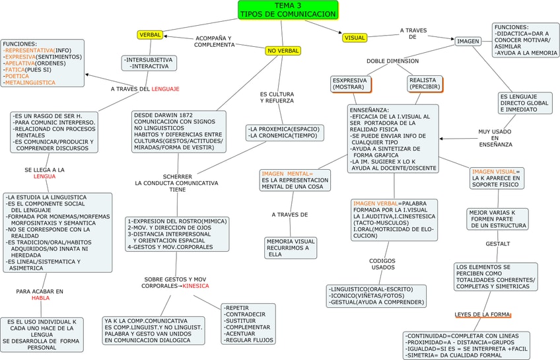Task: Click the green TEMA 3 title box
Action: [288, 10]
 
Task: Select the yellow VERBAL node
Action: [150, 34]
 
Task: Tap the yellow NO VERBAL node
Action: [283, 51]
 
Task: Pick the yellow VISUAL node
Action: [355, 38]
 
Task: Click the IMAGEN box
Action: [468, 42]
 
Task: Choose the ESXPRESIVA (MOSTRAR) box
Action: [350, 83]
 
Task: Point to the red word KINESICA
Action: [195, 286]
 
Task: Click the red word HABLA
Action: [41, 298]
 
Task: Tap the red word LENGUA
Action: [45, 176]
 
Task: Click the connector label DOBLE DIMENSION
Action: [393, 61]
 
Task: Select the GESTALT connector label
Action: [498, 244]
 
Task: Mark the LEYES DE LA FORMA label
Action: [482, 314]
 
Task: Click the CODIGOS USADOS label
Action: [382, 264]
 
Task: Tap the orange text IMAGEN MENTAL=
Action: [287, 173]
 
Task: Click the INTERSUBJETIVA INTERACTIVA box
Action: [149, 63]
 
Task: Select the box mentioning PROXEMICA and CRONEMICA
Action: [284, 132]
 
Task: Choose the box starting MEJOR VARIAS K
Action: [497, 219]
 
